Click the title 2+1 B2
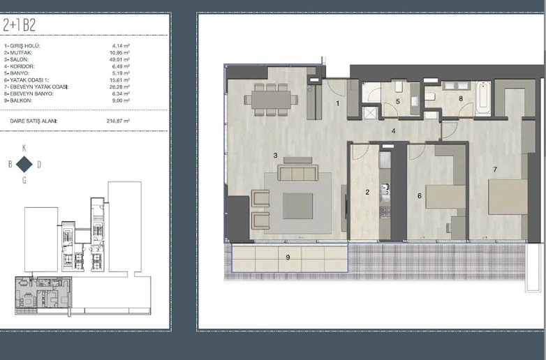(x=19, y=25)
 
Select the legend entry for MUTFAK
(x=18, y=52)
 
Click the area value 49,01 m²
(x=119, y=59)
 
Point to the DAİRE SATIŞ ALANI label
(x=34, y=121)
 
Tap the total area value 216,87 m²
(x=118, y=121)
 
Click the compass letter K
(x=24, y=148)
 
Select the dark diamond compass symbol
(x=24, y=164)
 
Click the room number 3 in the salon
(x=275, y=156)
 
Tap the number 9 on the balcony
(x=288, y=257)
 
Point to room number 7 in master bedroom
(x=495, y=170)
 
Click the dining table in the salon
(x=272, y=100)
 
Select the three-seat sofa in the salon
(x=297, y=172)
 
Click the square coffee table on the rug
(x=297, y=206)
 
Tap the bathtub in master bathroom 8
(x=483, y=98)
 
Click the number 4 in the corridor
(x=394, y=131)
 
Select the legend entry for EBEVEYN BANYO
(x=29, y=93)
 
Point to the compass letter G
(x=24, y=180)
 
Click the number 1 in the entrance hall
(x=337, y=103)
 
